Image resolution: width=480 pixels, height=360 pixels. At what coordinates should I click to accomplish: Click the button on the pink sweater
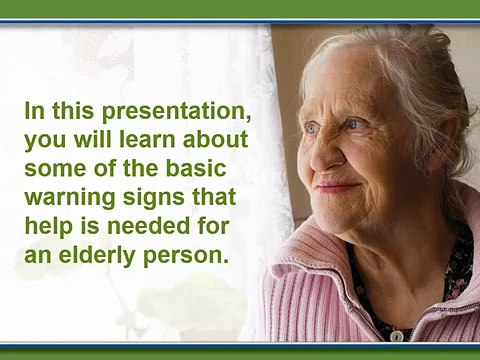(396, 335)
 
